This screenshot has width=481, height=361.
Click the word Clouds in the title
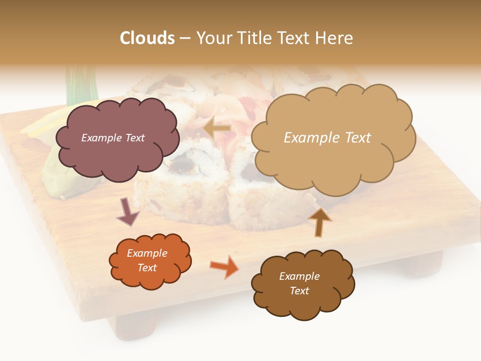click(x=147, y=38)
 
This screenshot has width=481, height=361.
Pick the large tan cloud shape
click(x=333, y=160)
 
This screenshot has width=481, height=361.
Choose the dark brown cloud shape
click(x=303, y=301)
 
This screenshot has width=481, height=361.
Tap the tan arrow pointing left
click(x=216, y=129)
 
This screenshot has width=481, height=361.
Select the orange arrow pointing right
click(x=225, y=266)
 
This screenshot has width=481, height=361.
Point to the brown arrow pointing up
click(x=319, y=222)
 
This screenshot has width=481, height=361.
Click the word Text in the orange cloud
click(x=147, y=268)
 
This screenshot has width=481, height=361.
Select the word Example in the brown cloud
click(x=299, y=276)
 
